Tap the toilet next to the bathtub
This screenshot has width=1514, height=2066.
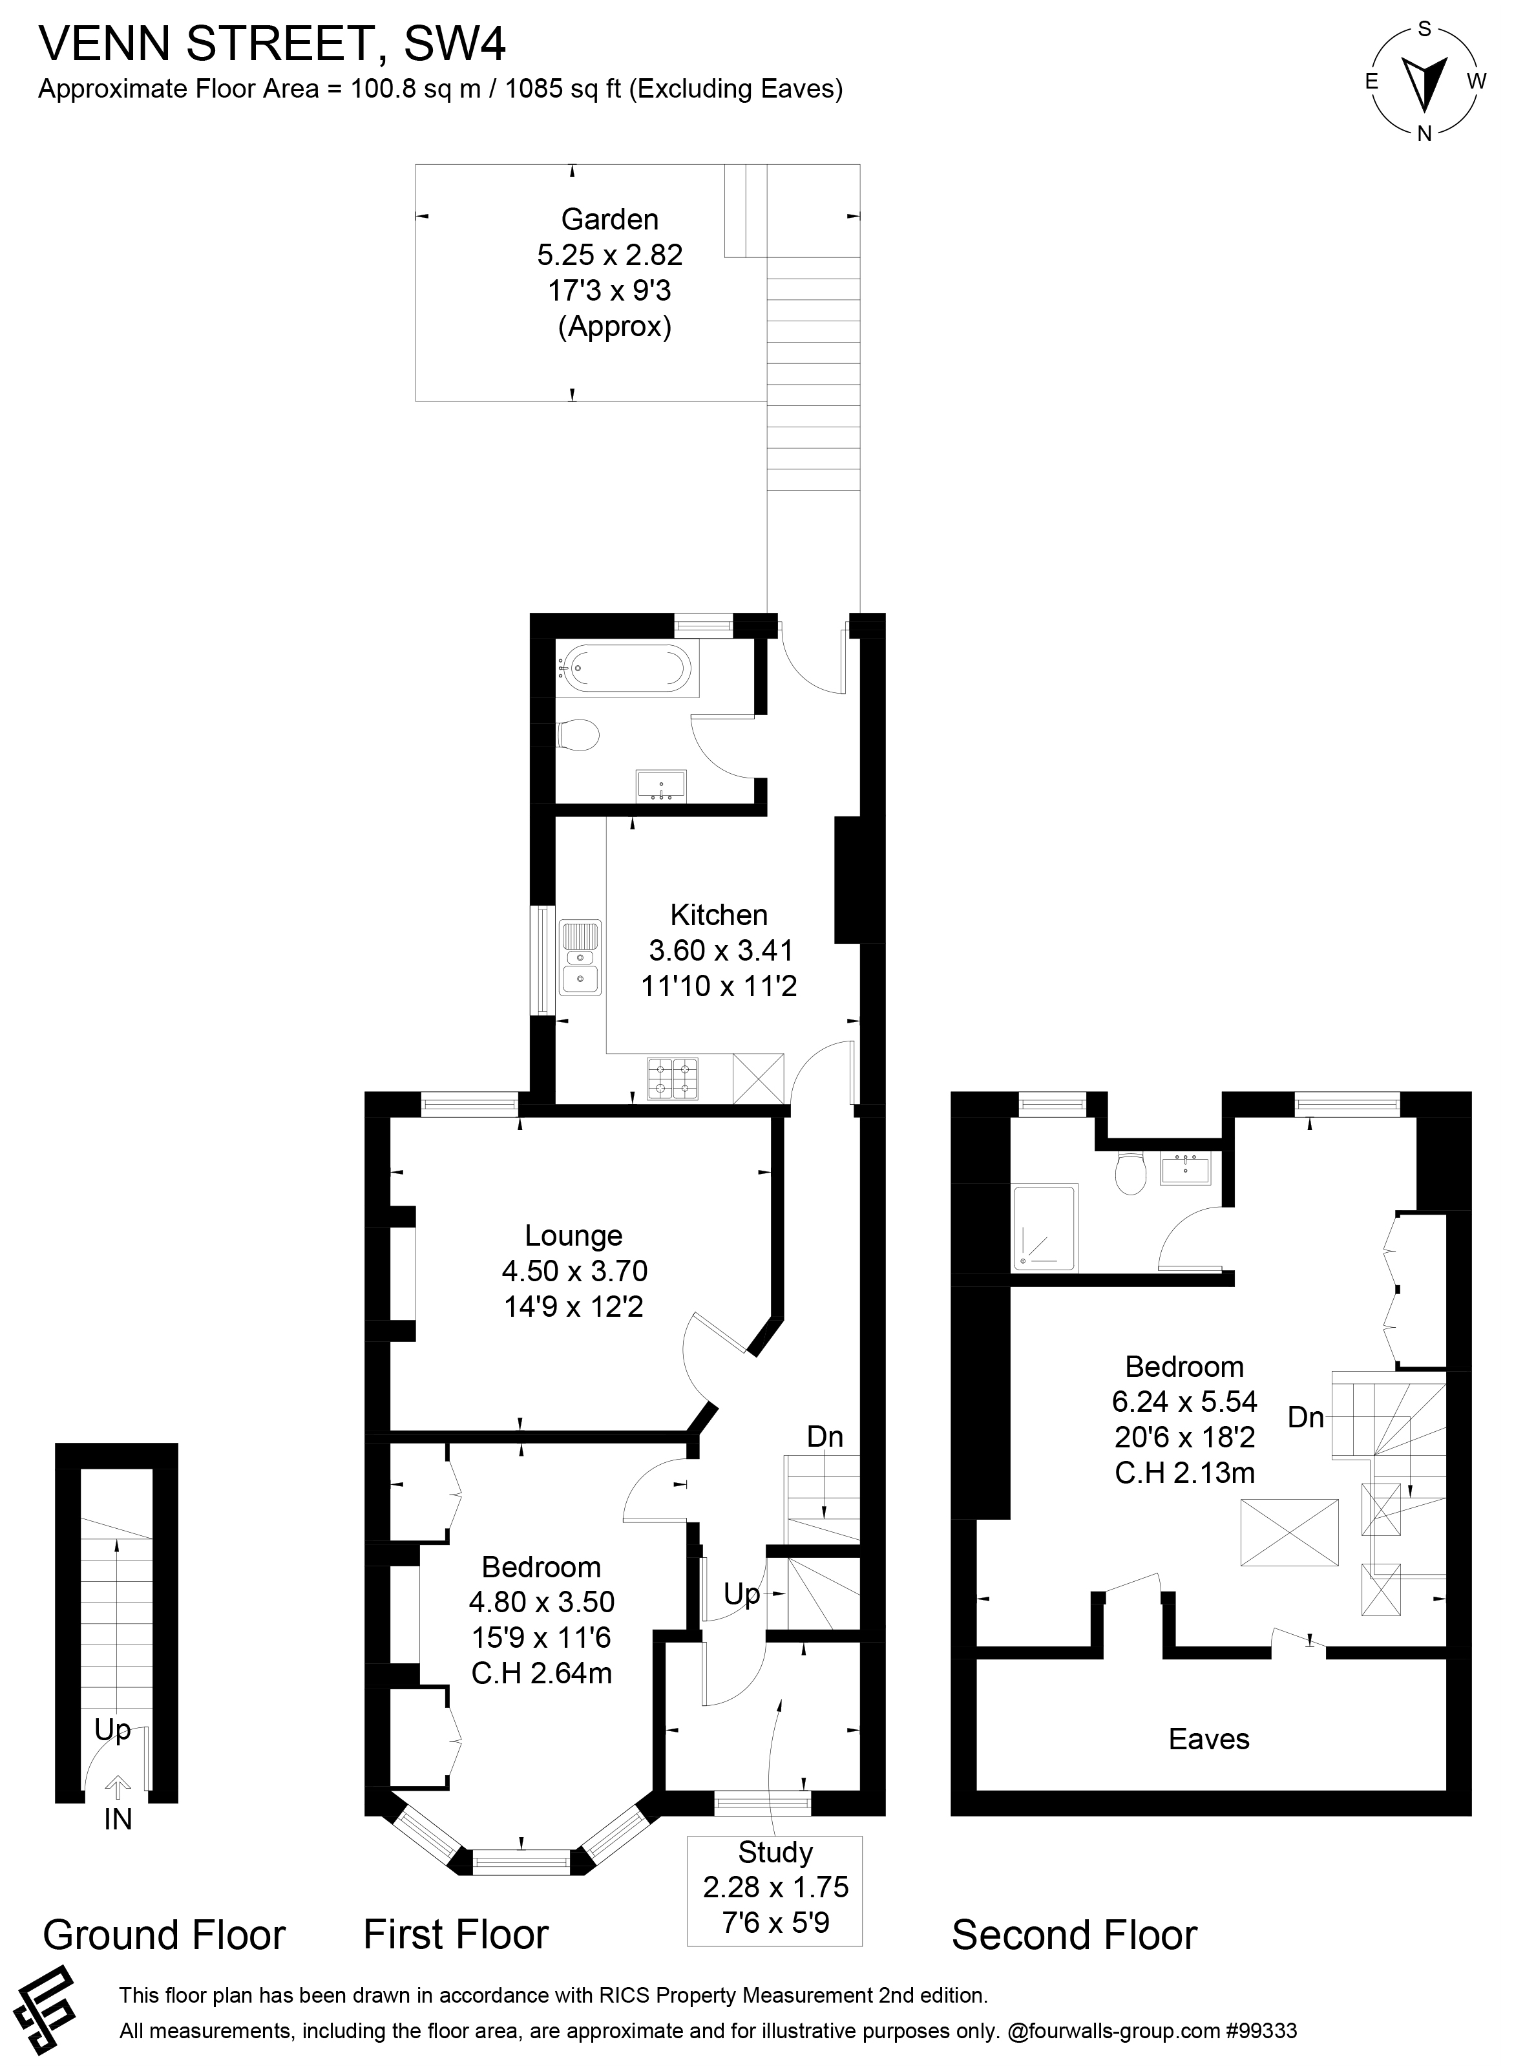coord(579,735)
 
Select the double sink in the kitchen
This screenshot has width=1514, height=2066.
coord(580,959)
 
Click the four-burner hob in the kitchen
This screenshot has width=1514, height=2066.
coord(673,1079)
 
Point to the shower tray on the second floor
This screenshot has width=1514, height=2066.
coord(1046,1228)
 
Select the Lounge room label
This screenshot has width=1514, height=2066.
coord(574,1235)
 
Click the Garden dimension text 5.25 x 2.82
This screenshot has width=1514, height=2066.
coord(609,255)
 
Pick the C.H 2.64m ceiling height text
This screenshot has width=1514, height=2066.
coord(541,1673)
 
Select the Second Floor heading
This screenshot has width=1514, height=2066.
coord(1074,1935)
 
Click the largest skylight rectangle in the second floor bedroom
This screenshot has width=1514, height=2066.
coord(1288,1531)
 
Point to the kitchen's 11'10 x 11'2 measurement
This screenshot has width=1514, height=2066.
coord(719,986)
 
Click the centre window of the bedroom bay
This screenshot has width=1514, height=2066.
coord(521,1860)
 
